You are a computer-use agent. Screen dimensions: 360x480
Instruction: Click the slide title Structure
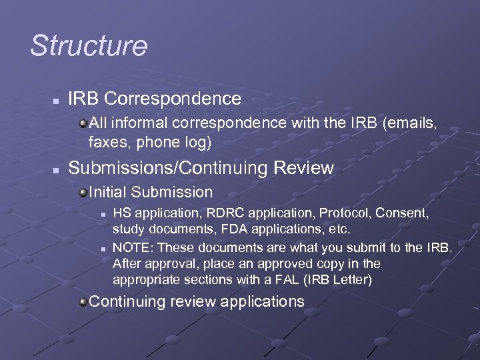tap(89, 46)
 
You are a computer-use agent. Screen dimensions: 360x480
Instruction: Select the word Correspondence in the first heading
tap(173, 99)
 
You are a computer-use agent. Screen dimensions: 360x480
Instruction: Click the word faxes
tap(107, 142)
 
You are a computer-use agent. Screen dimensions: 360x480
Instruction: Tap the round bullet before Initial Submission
tap(83, 193)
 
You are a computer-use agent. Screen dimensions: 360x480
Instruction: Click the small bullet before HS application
tap(103, 215)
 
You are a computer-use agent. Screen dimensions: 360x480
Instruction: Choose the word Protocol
tap(345, 213)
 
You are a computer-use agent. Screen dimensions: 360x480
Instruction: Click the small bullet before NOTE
tap(103, 249)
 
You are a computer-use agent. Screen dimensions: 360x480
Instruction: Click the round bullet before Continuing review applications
tap(83, 303)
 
